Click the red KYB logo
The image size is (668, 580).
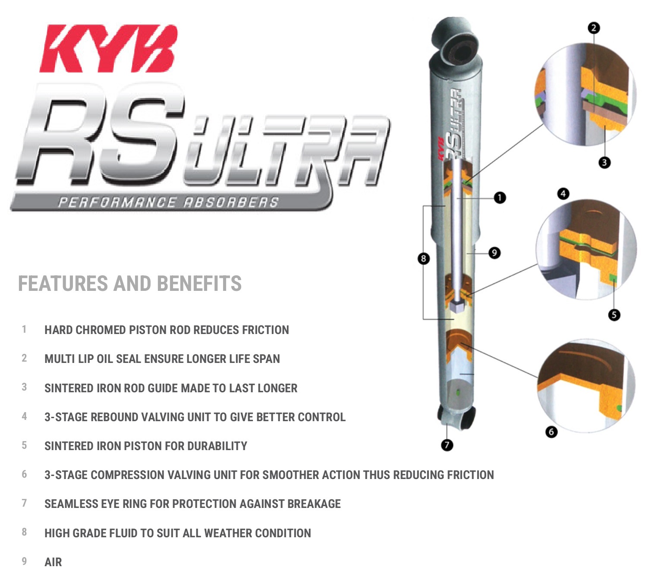(x=108, y=49)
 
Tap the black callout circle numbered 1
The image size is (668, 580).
(x=500, y=198)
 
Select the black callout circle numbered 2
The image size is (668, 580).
(x=594, y=28)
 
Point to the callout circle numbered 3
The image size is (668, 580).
(x=604, y=163)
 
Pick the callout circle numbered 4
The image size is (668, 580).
(x=563, y=194)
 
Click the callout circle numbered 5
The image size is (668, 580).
(x=614, y=315)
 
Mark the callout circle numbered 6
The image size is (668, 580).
(x=551, y=432)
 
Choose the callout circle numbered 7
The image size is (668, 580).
(x=447, y=444)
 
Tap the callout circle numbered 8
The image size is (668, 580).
(x=423, y=258)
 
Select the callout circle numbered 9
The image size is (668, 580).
(x=495, y=252)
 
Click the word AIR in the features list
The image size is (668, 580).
(x=53, y=562)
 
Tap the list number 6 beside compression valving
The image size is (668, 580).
(x=24, y=474)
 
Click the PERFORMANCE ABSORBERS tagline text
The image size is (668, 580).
(x=168, y=202)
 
